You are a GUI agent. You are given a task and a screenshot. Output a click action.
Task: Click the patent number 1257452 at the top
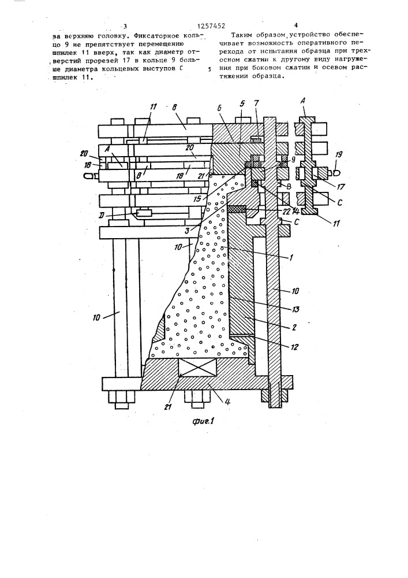(211, 26)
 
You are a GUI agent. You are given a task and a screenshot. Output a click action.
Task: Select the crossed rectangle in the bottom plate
(197, 368)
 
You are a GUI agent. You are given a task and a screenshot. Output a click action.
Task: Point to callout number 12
(294, 347)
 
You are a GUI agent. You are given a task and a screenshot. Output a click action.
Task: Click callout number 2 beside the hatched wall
(293, 327)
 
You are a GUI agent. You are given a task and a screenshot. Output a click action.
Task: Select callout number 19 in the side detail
(338, 154)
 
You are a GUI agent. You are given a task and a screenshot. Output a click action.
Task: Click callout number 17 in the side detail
(341, 187)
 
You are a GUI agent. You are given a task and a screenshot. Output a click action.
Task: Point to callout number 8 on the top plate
(175, 108)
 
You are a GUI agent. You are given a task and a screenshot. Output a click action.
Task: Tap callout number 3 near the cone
(187, 231)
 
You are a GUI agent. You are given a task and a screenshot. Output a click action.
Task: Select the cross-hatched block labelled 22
(237, 209)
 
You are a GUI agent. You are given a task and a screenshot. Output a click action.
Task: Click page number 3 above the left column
(125, 26)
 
